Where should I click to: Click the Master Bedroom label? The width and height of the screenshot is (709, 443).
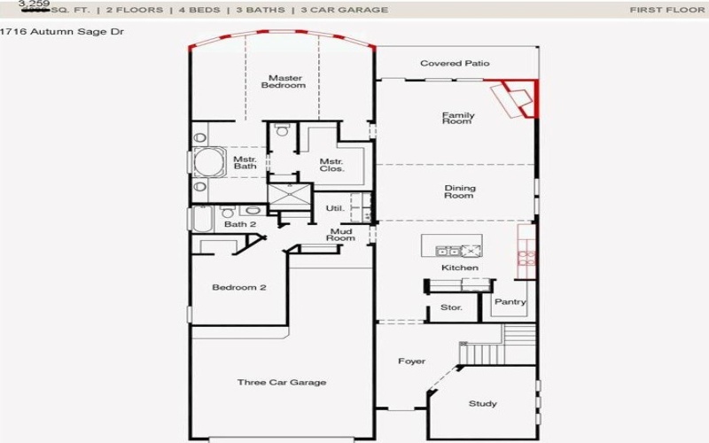pyautogui.click(x=285, y=82)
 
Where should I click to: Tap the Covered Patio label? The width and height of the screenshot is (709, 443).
pyautogui.click(x=455, y=64)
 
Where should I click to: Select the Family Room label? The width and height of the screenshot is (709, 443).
pyautogui.click(x=458, y=118)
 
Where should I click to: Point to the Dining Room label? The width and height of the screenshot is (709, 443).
pyautogui.click(x=459, y=191)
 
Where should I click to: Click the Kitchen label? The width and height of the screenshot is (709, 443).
pyautogui.click(x=460, y=268)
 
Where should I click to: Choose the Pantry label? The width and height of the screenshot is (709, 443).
pyautogui.click(x=510, y=302)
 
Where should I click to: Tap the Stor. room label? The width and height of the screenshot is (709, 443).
pyautogui.click(x=451, y=308)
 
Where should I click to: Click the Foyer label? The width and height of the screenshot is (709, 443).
pyautogui.click(x=411, y=361)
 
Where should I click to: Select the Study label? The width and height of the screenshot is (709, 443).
pyautogui.click(x=482, y=404)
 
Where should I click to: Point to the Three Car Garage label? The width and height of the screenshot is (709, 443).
pyautogui.click(x=282, y=383)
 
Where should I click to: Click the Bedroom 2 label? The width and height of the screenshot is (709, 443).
pyautogui.click(x=239, y=288)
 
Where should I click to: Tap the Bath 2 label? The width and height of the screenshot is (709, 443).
pyautogui.click(x=239, y=224)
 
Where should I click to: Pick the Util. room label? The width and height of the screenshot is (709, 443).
pyautogui.click(x=334, y=208)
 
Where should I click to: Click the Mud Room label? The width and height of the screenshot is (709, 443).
pyautogui.click(x=341, y=235)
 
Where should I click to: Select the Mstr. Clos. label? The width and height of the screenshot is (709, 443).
pyautogui.click(x=331, y=164)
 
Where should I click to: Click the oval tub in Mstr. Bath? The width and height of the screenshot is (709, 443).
pyautogui.click(x=209, y=164)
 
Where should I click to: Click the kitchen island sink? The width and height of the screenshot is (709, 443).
pyautogui.click(x=448, y=251)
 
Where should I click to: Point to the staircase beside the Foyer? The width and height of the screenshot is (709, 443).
pyautogui.click(x=518, y=338)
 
